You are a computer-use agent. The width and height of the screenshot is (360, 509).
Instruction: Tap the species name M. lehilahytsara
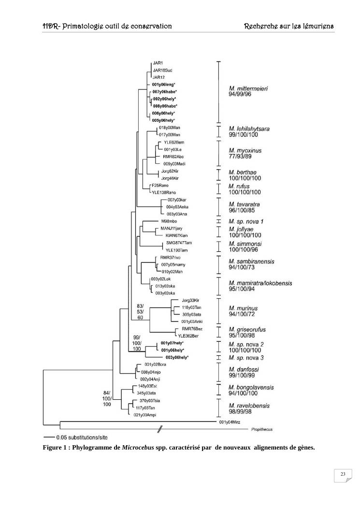tap(249, 129)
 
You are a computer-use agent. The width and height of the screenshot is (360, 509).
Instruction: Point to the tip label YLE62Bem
tap(174, 142)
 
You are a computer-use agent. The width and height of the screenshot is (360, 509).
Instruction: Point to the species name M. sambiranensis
tap(252, 262)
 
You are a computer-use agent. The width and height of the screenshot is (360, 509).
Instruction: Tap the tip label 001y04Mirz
tap(230, 422)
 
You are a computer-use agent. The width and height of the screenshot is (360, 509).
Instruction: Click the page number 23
tap(343, 475)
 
